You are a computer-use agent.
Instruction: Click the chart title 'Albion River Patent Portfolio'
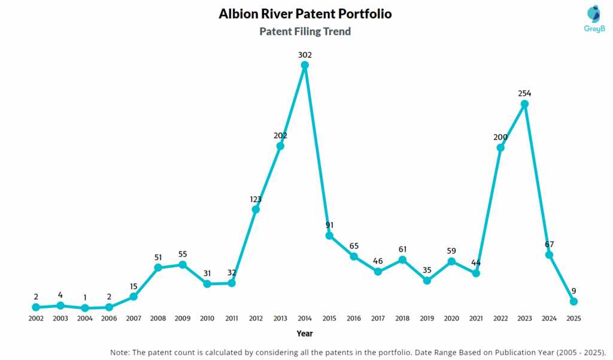[x=305, y=13]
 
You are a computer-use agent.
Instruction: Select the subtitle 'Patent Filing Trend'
[x=305, y=31]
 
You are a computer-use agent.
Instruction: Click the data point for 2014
[x=305, y=66]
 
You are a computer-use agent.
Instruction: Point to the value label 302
[x=305, y=55]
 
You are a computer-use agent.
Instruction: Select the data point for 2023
[x=524, y=104]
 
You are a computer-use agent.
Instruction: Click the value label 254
[x=524, y=93]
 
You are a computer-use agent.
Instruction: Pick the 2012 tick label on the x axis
[x=256, y=319]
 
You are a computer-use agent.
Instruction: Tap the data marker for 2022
[x=500, y=147]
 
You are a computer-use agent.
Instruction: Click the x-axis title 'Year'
[x=305, y=334]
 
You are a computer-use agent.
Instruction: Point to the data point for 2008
[x=158, y=267]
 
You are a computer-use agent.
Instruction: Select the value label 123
[x=256, y=199]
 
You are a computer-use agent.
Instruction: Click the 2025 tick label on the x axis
[x=573, y=319]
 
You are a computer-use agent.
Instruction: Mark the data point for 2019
[x=427, y=280]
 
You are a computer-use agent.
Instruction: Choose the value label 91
[x=329, y=225]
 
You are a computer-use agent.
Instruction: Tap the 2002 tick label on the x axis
[x=36, y=319]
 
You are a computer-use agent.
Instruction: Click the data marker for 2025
[x=573, y=301]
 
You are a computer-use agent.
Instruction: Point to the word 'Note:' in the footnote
[x=122, y=352]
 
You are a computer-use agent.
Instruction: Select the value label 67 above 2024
[x=549, y=244]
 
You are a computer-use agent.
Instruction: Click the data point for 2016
[x=354, y=256]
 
